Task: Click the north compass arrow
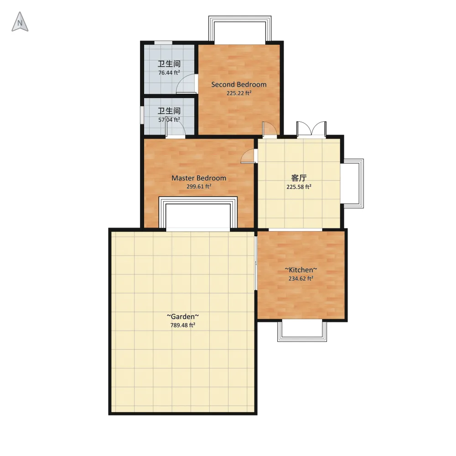[x=20, y=22]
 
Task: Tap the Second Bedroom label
[x=239, y=85]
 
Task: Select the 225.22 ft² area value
[x=239, y=93]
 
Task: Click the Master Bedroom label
[x=199, y=178]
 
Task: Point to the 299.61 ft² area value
[x=199, y=187]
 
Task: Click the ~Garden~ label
[x=183, y=316]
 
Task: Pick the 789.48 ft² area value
[x=183, y=325]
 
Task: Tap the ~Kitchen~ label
[x=301, y=270]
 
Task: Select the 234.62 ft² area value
[x=301, y=278]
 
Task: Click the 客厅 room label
[x=299, y=178]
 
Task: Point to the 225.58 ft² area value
[x=299, y=187]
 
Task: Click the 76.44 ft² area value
[x=169, y=73]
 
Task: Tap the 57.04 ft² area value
[x=169, y=119]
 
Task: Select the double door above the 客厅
[x=311, y=128]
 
